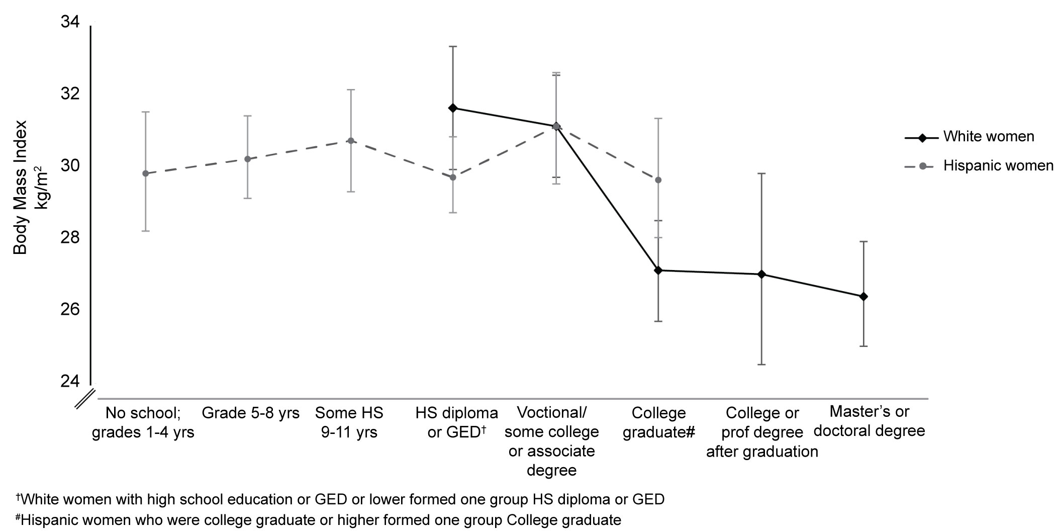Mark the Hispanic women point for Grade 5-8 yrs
pyautogui.click(x=247, y=159)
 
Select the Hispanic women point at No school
pyautogui.click(x=146, y=173)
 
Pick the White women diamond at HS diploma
pyautogui.click(x=453, y=108)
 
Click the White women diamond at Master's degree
pyautogui.click(x=864, y=297)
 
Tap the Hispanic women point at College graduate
pyautogui.click(x=658, y=180)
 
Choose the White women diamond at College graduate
pyautogui.click(x=658, y=271)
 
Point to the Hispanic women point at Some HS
pyautogui.click(x=351, y=141)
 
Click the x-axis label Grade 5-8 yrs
pyautogui.click(x=250, y=413)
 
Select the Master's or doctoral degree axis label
pyautogui.click(x=869, y=421)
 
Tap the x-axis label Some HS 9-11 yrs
pyautogui.click(x=349, y=422)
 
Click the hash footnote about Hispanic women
pyautogui.click(x=319, y=520)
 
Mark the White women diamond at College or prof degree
pyautogui.click(x=761, y=275)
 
